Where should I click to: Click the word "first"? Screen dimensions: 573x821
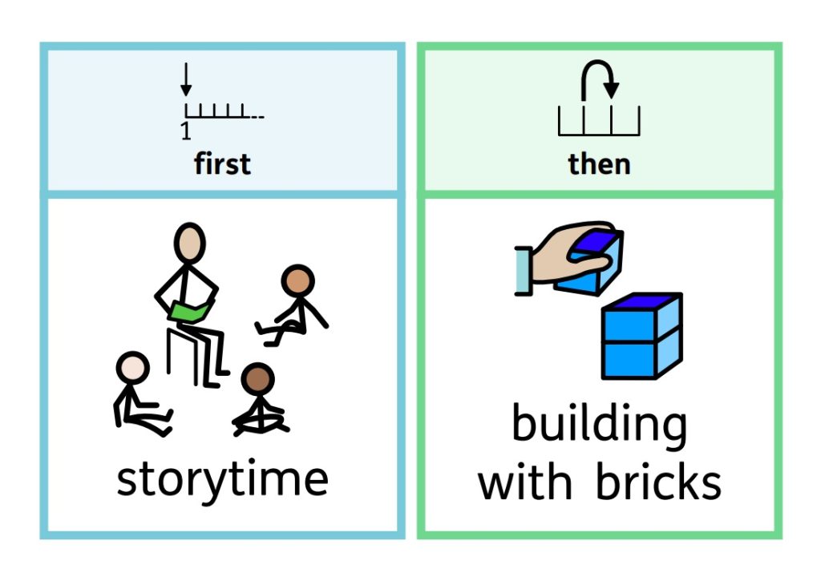pos(222,164)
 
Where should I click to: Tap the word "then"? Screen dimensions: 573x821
pos(599,164)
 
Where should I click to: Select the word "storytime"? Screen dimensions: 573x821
pos(222,479)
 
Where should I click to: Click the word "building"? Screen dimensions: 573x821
pos(599,425)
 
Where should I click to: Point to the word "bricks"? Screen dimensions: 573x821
pos(658,482)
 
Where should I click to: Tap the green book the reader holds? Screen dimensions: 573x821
pos(192,310)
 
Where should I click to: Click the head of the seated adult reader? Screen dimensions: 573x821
pos(190,243)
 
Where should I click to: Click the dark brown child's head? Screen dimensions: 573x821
pos(258,380)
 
